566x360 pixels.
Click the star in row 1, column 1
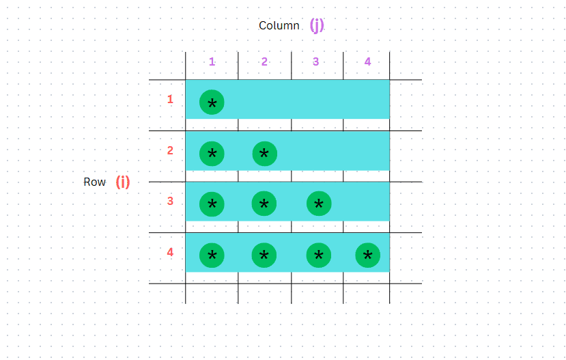212,102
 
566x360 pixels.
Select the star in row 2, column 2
264,154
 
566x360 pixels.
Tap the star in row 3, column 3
319,204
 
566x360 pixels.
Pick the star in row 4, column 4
368,255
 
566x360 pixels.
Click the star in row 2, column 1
212,154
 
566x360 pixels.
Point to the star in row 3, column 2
264,204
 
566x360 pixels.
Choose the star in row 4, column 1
212,255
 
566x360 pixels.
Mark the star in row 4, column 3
319,255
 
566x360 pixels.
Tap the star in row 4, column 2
264,255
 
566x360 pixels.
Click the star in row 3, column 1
212,204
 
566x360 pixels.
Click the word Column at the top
279,26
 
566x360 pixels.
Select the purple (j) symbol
317,25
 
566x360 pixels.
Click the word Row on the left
95,182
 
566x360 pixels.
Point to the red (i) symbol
123,182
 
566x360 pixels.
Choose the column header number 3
315,61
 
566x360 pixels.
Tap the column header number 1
212,61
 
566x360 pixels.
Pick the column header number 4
367,61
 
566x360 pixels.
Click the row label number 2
170,150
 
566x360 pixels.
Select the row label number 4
170,252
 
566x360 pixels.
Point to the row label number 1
170,99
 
